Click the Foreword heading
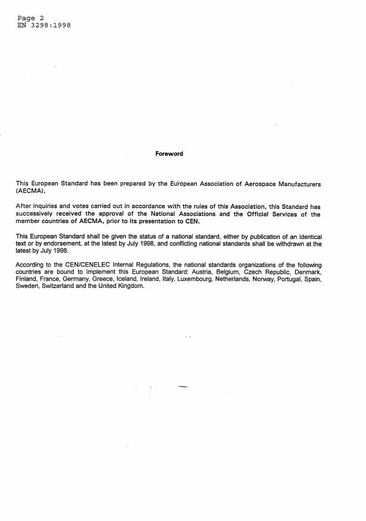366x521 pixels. coord(169,154)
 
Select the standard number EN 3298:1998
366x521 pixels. coord(44,26)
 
